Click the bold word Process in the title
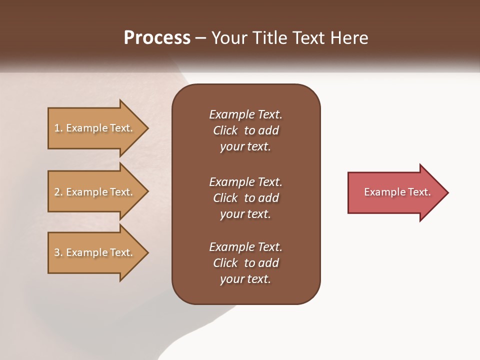pos(157,38)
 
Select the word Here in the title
pos(348,38)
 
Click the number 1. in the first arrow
pos(58,128)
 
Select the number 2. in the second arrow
pos(58,192)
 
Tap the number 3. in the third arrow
pos(58,252)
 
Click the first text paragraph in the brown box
pos(245,130)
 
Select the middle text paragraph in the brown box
pos(245,198)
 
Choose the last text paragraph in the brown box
pos(245,263)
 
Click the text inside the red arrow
pos(397,192)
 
